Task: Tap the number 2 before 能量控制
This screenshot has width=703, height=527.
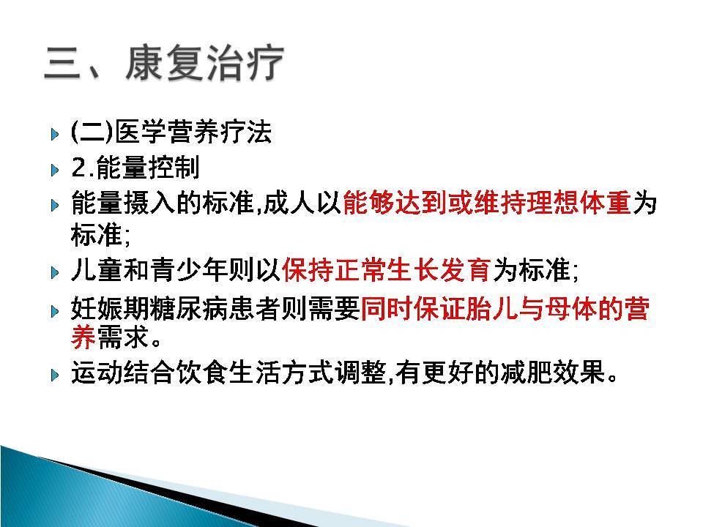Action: click(x=80, y=169)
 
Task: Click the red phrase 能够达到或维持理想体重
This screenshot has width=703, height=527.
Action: click(x=486, y=204)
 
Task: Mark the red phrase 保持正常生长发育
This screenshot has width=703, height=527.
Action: click(x=386, y=270)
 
